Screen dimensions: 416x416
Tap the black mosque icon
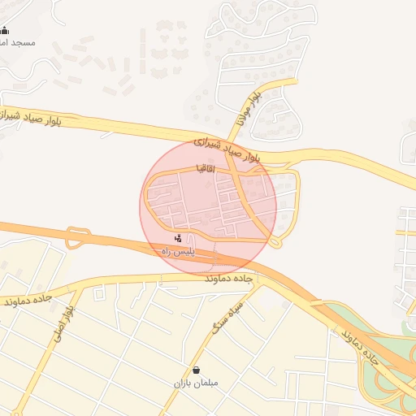coord(6,31)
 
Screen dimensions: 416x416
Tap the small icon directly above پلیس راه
coord(179,238)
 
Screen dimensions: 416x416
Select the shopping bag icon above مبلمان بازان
coord(196,370)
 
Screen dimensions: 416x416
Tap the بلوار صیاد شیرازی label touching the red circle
coord(227,149)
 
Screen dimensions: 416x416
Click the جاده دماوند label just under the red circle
coord(231,278)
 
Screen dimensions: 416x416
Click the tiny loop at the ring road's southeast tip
coord(275,241)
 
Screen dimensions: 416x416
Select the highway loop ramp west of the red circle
coord(78,238)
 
